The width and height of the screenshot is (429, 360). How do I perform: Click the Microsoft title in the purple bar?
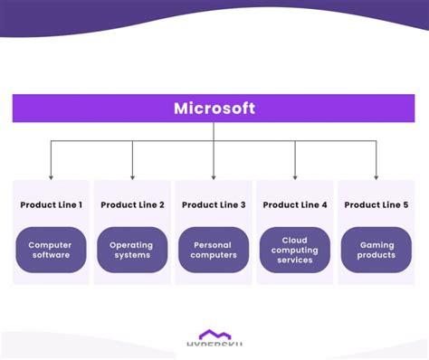(214, 109)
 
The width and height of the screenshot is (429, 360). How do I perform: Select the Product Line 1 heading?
(51, 205)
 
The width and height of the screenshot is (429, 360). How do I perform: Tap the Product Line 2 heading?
(132, 205)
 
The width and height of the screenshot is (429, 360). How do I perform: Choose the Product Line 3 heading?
(214, 205)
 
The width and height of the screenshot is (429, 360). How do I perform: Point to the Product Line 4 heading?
(295, 205)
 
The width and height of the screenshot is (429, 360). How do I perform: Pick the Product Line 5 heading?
(377, 205)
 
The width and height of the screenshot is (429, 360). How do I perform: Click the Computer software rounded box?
(51, 250)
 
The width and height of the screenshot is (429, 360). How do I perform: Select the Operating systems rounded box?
(132, 250)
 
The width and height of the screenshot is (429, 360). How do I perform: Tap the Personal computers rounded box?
(214, 250)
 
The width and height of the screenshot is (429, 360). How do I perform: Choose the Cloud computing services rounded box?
(295, 250)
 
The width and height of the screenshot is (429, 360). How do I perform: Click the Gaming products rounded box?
(377, 250)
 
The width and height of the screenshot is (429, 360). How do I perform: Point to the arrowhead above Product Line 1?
(51, 175)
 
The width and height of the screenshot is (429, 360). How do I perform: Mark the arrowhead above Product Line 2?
(132, 175)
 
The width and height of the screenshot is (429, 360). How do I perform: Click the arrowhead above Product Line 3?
(214, 175)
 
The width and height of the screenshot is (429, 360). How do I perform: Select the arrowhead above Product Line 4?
(295, 175)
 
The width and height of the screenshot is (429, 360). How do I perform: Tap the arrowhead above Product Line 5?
(377, 175)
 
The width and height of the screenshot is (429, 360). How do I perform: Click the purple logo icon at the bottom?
(214, 336)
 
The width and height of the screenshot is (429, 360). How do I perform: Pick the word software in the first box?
(51, 256)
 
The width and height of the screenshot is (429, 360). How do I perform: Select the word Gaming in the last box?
(377, 244)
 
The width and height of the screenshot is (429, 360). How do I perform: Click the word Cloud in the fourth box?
(295, 240)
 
